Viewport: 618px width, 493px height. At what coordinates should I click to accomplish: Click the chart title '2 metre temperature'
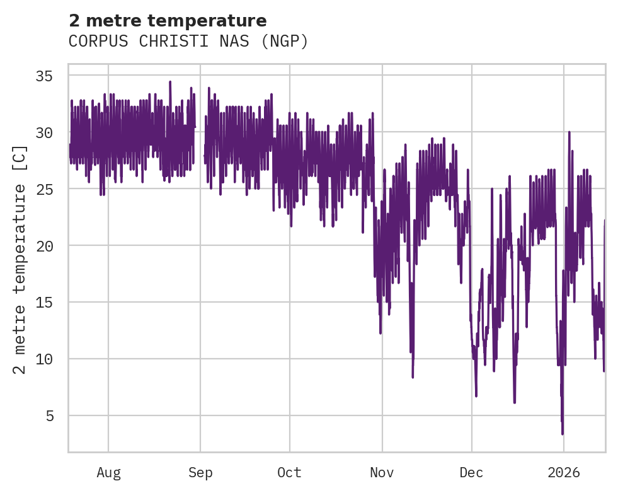(168, 21)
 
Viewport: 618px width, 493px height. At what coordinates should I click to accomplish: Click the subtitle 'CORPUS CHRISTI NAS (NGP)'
(188, 42)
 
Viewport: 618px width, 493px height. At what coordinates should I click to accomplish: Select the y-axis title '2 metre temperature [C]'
(20, 258)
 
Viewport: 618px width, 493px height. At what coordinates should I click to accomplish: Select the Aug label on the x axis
(108, 473)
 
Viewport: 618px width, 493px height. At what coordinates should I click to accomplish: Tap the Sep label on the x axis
(200, 473)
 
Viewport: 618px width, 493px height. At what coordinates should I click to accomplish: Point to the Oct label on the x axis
(289, 473)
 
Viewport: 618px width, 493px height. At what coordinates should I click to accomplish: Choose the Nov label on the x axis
(382, 473)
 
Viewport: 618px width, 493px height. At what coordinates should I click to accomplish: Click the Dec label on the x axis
(471, 473)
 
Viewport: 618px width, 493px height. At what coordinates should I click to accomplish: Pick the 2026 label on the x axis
(563, 473)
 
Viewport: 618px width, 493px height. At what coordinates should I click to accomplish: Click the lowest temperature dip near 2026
(563, 433)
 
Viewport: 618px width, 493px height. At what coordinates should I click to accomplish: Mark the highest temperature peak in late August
(170, 82)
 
